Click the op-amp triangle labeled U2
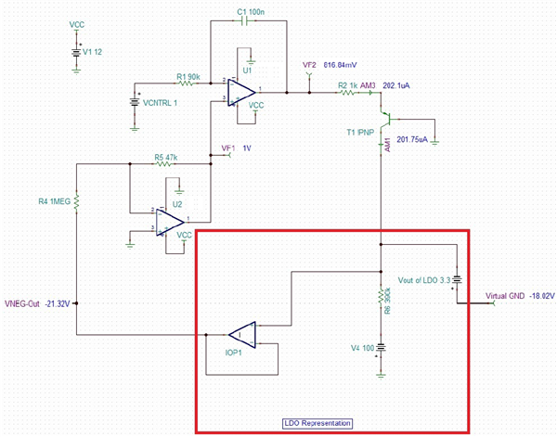[x=170, y=220]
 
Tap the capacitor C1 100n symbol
[x=246, y=22]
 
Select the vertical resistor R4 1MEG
[x=78, y=201]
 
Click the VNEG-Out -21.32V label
[x=38, y=302]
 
